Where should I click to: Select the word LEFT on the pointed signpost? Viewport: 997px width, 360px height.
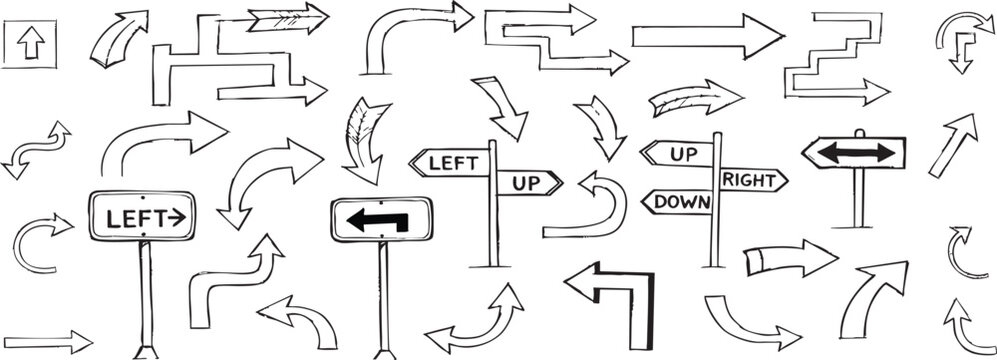[446, 161]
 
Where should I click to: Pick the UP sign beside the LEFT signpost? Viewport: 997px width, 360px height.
[525, 183]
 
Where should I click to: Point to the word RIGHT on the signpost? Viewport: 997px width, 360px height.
[750, 179]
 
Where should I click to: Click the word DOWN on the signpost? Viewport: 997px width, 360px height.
[680, 203]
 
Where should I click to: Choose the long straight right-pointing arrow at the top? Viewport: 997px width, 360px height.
[706, 36]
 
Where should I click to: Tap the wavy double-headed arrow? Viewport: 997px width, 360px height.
[36, 150]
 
